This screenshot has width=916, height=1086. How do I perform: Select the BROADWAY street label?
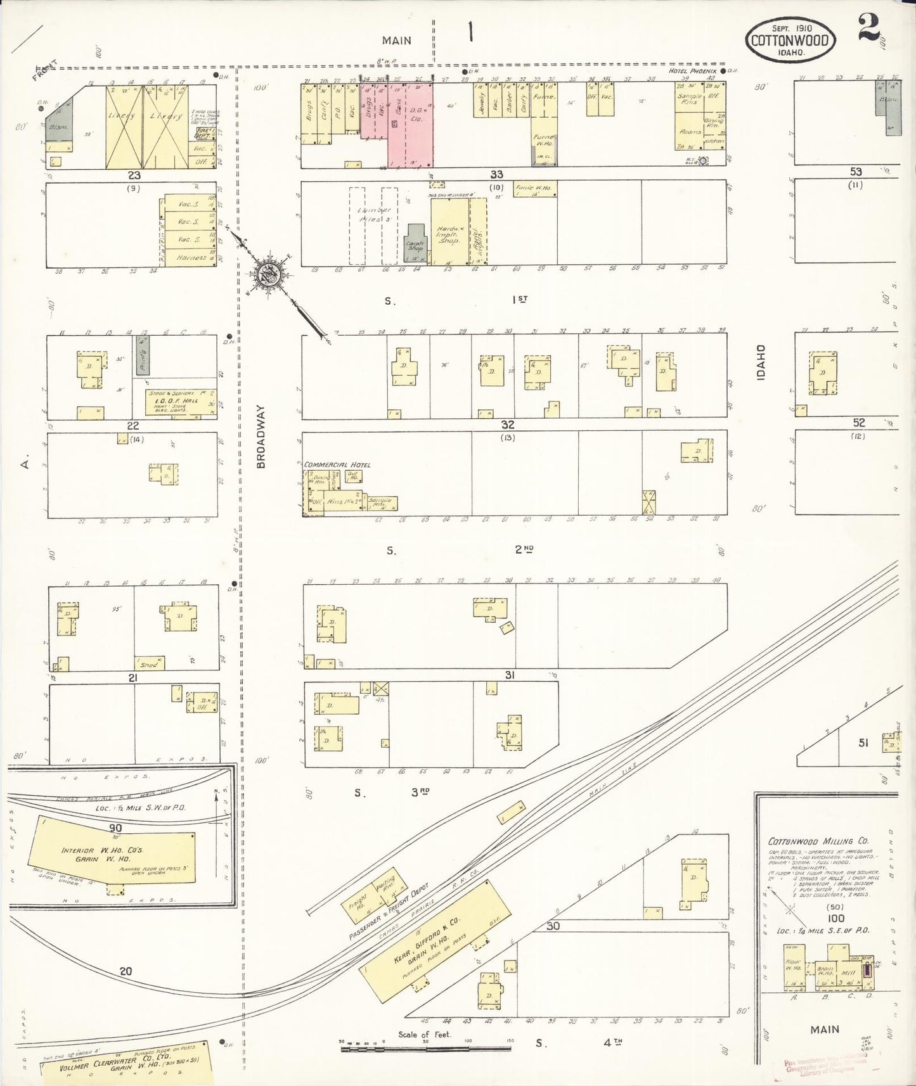261,437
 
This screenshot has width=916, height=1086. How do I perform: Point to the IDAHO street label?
761,362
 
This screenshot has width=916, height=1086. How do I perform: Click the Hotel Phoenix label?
693,72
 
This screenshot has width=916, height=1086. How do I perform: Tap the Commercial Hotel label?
337,464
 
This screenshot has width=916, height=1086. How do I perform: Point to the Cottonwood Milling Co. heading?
818,841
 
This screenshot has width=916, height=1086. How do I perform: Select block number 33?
496,174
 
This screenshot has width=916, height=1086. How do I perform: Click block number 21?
133,677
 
